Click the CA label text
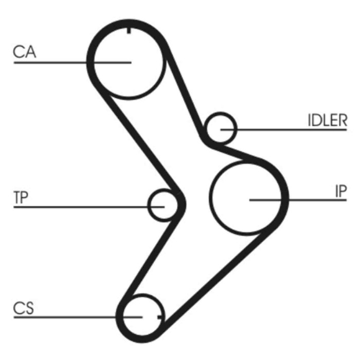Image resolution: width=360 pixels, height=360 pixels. click(x=25, y=52)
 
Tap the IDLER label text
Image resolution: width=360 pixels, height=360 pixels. click(x=327, y=121)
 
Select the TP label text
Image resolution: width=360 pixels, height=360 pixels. click(x=21, y=197)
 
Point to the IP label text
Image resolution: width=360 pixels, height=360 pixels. click(x=340, y=191)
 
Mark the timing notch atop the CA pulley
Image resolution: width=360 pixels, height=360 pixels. click(x=128, y=29)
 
